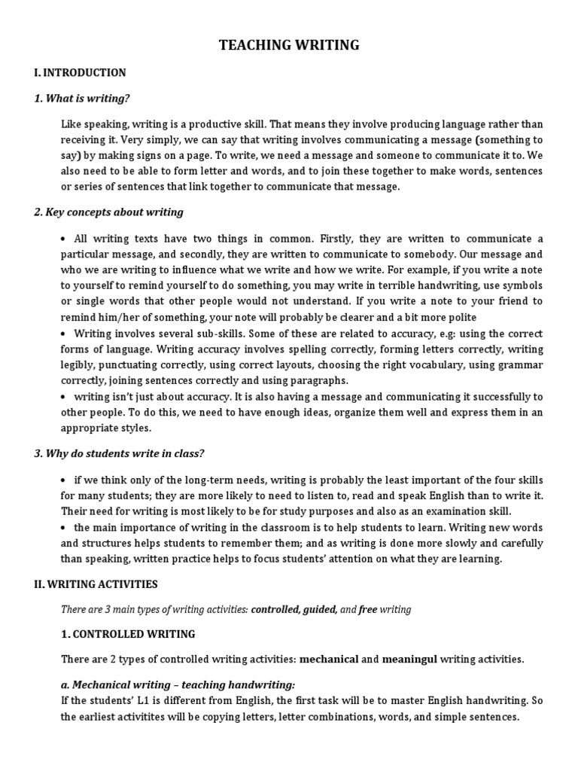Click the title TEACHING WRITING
[x=289, y=46]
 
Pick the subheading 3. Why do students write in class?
[x=119, y=453]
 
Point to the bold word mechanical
[x=329, y=660]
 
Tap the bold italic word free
[x=367, y=609]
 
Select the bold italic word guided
[x=319, y=609]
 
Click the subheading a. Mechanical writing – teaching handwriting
[x=178, y=684]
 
